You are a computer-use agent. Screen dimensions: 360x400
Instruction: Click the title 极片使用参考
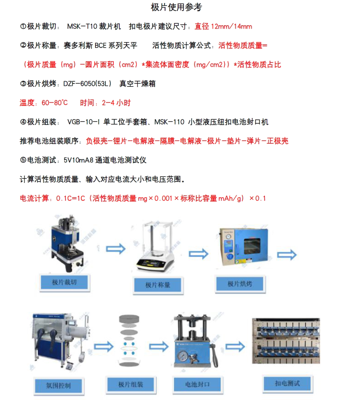(x=176, y=7)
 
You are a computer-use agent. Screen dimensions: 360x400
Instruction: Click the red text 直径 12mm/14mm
(x=223, y=26)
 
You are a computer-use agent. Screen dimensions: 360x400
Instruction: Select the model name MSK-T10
(x=82, y=26)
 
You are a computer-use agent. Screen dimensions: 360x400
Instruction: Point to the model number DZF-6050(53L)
(x=88, y=84)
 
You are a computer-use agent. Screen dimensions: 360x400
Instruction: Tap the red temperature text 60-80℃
(x=55, y=103)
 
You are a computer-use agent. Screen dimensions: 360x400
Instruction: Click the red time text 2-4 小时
(x=116, y=103)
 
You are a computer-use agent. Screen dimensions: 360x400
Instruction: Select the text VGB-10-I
(x=84, y=122)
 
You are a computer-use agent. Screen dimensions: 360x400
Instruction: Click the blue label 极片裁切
(x=64, y=282)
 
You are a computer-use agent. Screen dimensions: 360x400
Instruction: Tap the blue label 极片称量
(x=158, y=285)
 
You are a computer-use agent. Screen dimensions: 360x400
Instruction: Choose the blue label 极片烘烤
(x=240, y=284)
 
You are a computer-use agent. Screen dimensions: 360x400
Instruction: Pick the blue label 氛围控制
(x=58, y=385)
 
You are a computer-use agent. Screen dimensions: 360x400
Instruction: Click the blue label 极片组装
(x=131, y=384)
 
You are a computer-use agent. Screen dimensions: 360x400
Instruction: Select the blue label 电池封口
(x=197, y=384)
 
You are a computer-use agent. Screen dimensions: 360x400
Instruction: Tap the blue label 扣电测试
(x=287, y=384)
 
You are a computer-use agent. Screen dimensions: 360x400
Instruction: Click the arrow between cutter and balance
(x=116, y=249)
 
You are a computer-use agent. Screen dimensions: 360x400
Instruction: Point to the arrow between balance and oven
(x=199, y=254)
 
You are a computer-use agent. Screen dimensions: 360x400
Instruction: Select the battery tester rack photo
(x=286, y=341)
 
